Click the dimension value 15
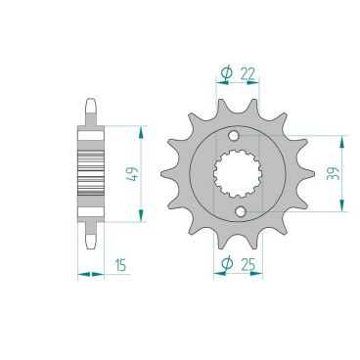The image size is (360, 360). tap(120, 265)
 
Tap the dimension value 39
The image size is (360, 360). tap(335, 173)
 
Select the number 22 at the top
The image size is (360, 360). tap(247, 74)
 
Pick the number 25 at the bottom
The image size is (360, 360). tap(247, 263)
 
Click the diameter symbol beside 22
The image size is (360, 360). tap(226, 73)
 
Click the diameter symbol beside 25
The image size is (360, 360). tap(227, 263)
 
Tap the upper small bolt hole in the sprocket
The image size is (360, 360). tap(234, 135)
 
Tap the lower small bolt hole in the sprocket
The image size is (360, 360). tap(241, 212)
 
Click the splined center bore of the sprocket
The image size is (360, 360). tap(238, 173)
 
